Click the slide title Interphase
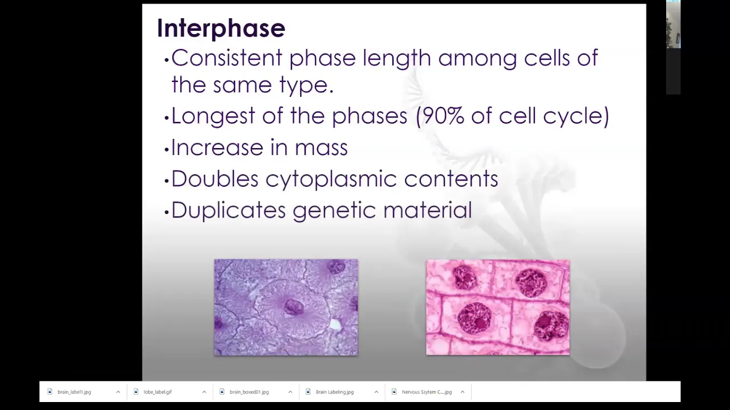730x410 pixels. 221,28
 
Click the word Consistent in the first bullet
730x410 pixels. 227,58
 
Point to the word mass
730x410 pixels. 321,147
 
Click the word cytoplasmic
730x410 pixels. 331,179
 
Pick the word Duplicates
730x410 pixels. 229,211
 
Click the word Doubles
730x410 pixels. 215,179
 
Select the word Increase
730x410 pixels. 217,147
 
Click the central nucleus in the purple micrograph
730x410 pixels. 294,307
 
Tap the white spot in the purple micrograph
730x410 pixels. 335,325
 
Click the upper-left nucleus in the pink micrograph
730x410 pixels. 464,277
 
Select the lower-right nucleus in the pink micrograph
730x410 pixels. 551,325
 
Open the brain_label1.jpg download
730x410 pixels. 74,392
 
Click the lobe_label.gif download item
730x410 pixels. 158,392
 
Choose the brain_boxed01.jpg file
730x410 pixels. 249,392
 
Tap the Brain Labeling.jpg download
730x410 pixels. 335,392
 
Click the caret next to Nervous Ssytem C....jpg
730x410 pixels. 463,392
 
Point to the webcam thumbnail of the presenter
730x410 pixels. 674,24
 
